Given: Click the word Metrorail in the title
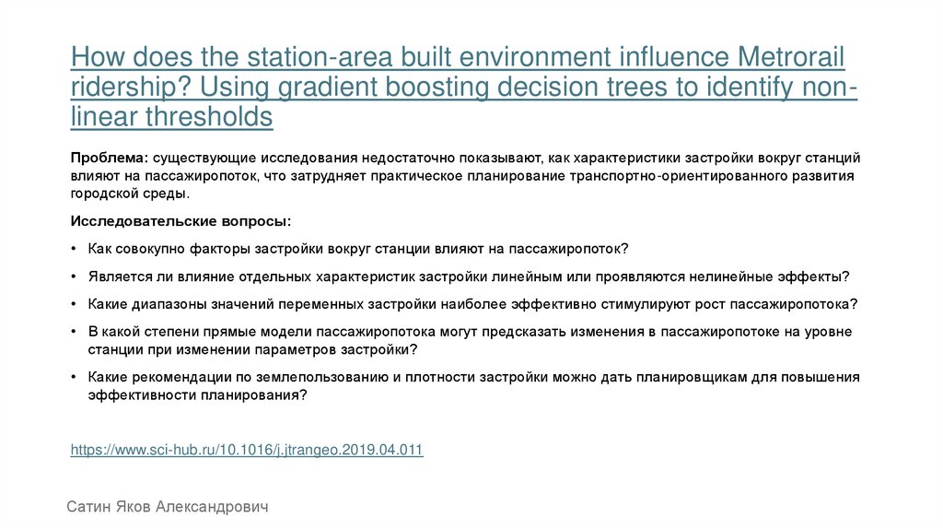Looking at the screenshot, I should [793, 57].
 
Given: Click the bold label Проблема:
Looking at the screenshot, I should [110, 158].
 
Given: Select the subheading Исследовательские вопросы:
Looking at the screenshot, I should [180, 222].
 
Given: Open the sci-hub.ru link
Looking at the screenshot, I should [247, 450].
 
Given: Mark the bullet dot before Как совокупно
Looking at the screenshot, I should [74, 250].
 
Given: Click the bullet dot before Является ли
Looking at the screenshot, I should [74, 276].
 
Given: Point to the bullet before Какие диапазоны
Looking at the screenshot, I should [74, 303].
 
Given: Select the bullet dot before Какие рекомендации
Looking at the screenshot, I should [74, 377].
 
